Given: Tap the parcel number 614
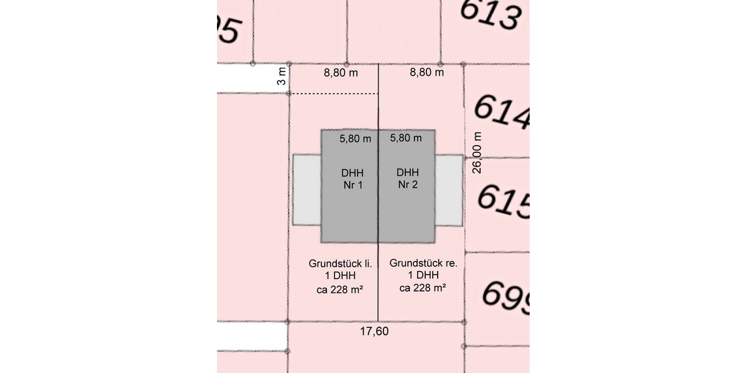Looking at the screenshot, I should coord(501,114).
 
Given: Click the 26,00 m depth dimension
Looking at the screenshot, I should coord(477,153).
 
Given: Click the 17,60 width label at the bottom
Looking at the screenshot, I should coord(374,331).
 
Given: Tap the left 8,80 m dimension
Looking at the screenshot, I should coord(341,72).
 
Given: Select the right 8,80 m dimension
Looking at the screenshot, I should coord(426,72).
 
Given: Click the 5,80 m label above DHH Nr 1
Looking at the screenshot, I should coord(356,139).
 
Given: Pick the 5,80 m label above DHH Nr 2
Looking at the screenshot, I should coord(406,139).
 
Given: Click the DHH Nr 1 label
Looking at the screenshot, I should coord(352,178).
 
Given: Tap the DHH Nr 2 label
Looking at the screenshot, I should coord(408,178).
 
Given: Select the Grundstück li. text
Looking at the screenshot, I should coord(340,264).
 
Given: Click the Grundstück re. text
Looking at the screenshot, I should coord(423,264).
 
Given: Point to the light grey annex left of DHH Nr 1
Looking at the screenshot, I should coord(307,190).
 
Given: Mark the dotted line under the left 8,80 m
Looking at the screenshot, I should coord(334,94).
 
